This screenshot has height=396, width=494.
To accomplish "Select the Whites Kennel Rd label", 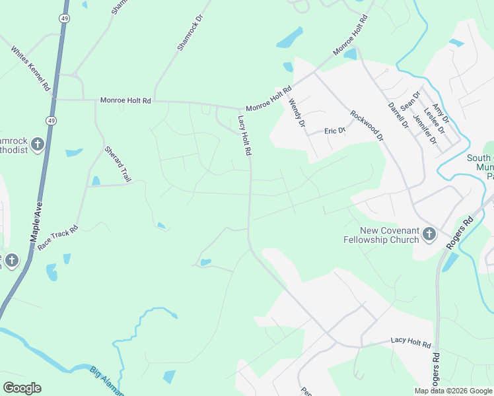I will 31,69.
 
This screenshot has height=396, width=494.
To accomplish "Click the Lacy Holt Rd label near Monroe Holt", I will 244,135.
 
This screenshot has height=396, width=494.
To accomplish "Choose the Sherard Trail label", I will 118,164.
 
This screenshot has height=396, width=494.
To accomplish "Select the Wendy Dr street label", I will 297,113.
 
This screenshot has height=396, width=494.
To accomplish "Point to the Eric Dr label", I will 335,131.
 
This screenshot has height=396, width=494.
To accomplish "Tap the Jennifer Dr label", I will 424,129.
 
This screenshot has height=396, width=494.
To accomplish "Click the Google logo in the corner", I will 22,388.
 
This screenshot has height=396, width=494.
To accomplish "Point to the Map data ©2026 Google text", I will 453,391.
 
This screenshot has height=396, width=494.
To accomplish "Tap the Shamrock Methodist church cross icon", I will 38,143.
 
